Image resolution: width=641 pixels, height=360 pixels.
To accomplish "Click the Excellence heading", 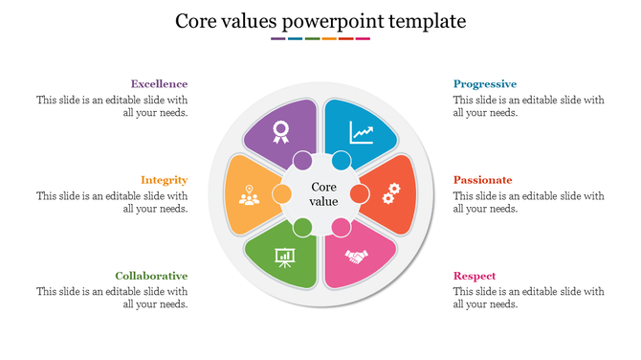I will coord(159,84).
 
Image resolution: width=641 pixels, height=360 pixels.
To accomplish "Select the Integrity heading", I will coord(164,180).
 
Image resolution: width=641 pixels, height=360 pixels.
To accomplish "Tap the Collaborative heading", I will coord(151,276).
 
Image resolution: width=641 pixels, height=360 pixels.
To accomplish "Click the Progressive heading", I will coord(485,84).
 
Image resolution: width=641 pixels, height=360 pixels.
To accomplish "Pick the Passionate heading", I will coord(483,180).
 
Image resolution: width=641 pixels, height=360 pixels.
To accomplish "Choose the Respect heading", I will coord(475,276).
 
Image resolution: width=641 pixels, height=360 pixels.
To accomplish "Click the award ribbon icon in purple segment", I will coord(280,131).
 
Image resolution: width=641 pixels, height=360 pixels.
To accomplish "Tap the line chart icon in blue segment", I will coord(362,131).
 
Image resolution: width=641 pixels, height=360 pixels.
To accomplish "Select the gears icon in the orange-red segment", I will coord(389,195).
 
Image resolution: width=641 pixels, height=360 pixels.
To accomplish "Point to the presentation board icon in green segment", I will coord(284,258).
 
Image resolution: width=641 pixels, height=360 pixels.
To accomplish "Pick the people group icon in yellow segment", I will coord(249,196).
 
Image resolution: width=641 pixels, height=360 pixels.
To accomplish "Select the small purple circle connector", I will coord(302,160).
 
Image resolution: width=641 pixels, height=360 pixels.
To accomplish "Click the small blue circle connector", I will coord(341,160).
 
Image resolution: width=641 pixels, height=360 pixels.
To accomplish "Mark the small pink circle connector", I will coord(341,228).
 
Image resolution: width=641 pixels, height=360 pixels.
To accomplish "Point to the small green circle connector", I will coord(302,228).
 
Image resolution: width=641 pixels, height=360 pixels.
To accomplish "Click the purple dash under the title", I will coord(277,39).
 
